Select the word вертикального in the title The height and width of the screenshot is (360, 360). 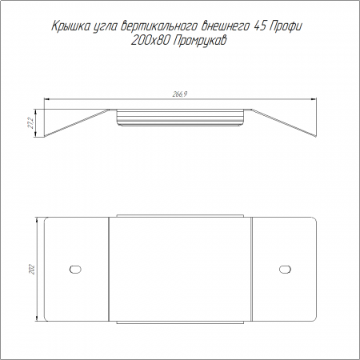coord(158,26)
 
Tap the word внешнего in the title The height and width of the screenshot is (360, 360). coord(225,26)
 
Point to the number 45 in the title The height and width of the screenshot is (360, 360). coord(260,26)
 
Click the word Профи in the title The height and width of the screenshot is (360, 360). coord(286,27)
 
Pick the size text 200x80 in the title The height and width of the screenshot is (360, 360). coord(150,41)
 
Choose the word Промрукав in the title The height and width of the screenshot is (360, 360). coord(200,42)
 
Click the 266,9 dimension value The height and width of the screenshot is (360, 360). coord(180,94)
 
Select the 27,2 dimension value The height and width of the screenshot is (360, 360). coord(30,123)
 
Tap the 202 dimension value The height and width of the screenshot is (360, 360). coord(32,270)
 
